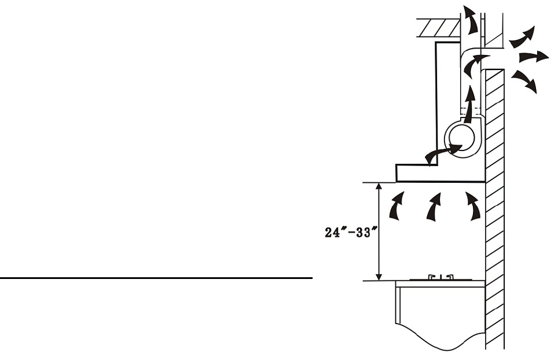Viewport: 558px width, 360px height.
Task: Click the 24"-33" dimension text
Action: coord(351,232)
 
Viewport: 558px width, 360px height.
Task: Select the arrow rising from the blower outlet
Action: coord(471,104)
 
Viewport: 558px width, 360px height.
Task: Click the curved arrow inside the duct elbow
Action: coord(473,64)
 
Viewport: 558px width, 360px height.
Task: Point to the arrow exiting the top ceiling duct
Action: coord(471,20)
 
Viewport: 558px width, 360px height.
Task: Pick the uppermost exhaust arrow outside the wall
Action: coord(523,38)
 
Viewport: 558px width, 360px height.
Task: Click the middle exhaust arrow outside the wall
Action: coord(533,57)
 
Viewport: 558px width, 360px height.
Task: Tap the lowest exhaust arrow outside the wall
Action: coord(524,81)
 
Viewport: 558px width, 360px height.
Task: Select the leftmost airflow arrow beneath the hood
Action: coord(396,207)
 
